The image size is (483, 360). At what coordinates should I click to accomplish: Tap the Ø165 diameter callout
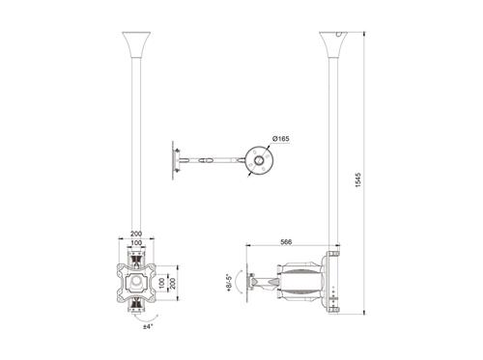[281, 139]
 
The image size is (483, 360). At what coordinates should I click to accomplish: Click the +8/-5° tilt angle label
[227, 283]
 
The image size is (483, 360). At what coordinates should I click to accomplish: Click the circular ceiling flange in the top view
[258, 160]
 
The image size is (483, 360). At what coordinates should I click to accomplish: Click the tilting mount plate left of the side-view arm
[248, 283]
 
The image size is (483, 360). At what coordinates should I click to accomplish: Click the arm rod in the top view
[217, 160]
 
